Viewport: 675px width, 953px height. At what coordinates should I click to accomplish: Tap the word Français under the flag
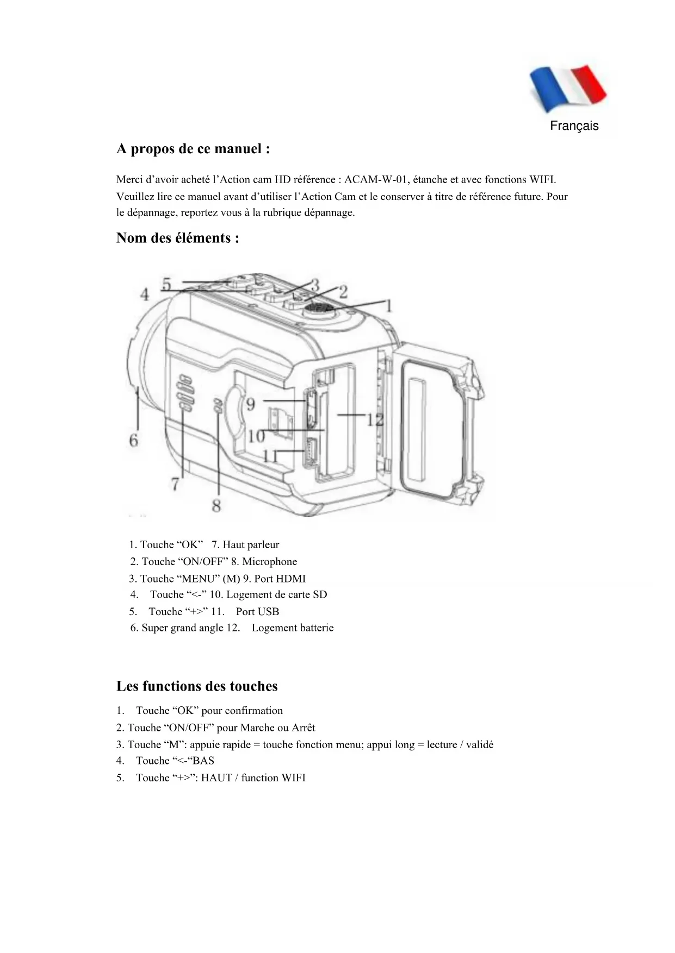point(574,126)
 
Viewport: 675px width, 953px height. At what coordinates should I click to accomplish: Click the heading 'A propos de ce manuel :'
point(193,149)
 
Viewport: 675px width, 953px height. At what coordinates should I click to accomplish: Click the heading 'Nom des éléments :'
point(177,238)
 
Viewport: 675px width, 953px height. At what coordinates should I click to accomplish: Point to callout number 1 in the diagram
point(388,306)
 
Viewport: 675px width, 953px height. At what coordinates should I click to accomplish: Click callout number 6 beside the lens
point(134,440)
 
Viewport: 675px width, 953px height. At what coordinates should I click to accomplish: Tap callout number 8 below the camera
point(216,506)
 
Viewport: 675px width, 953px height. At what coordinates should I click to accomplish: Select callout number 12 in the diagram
point(375,419)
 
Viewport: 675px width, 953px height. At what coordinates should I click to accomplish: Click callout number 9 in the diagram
point(251,404)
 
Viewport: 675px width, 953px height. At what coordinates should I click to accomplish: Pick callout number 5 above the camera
point(167,284)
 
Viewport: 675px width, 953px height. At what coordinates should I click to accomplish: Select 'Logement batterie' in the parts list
point(293,628)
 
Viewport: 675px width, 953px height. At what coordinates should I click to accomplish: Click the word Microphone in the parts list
point(269,562)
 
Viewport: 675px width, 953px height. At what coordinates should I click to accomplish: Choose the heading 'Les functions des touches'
point(197,686)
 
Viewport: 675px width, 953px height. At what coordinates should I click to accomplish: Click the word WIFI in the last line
point(293,778)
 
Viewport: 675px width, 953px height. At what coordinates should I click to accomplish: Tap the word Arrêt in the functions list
point(303,728)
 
